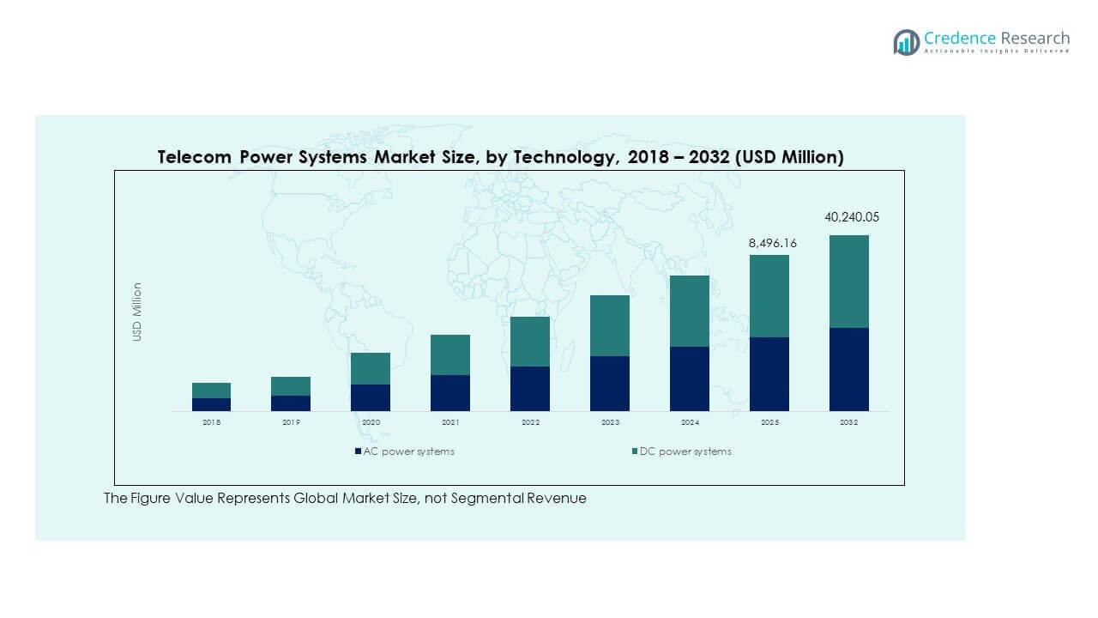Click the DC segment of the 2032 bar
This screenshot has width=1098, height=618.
coord(848,282)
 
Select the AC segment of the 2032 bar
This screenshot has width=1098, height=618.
coord(848,369)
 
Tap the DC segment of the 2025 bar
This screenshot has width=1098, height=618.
coord(769,296)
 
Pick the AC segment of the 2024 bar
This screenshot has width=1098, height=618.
coord(689,379)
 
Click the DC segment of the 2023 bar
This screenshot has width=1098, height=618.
coord(609,325)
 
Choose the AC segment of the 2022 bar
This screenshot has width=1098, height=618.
coord(530,388)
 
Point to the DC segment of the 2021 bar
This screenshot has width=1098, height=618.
coord(450,354)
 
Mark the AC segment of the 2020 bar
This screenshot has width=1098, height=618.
coord(371,397)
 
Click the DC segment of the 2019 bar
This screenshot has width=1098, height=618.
coord(291,386)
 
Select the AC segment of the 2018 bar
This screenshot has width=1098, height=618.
coord(211,404)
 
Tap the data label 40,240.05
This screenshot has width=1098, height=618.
coord(852,217)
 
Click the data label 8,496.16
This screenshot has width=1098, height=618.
coord(772,243)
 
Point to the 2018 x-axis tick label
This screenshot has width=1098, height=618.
coord(211,423)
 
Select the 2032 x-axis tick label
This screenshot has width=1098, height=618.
coord(848,423)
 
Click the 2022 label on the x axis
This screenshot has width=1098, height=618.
coord(530,423)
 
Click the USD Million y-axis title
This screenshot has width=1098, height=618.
coord(137,312)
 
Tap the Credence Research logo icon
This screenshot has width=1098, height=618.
coord(906,42)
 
